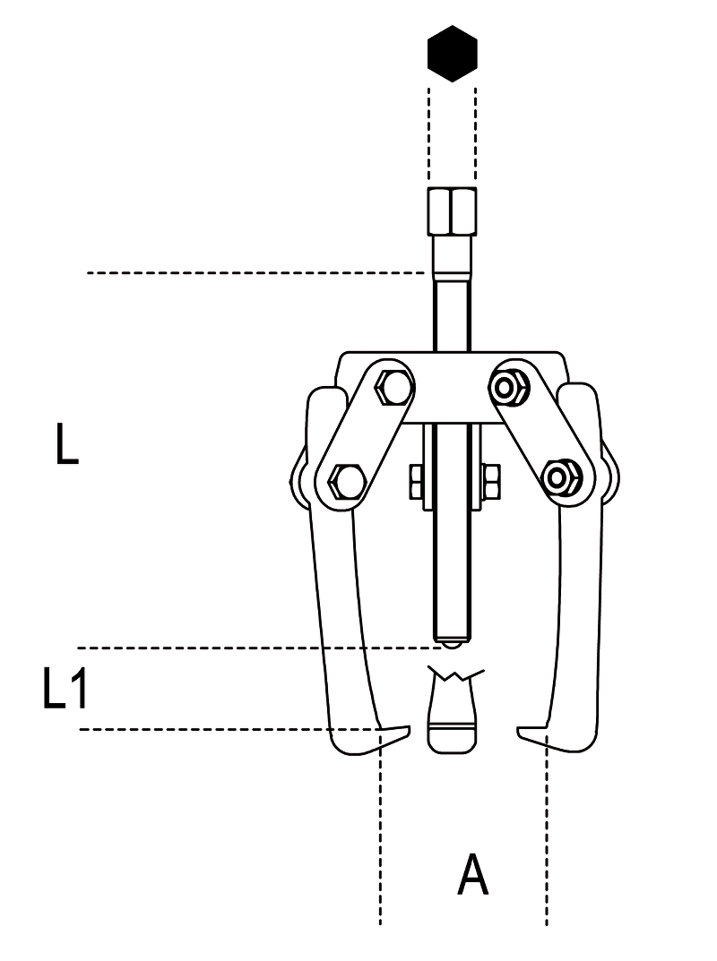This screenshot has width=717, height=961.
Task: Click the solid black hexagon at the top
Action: pyautogui.click(x=452, y=54)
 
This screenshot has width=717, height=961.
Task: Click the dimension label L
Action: pyautogui.click(x=67, y=442)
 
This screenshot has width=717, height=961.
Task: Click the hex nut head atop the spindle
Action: pyautogui.click(x=452, y=210)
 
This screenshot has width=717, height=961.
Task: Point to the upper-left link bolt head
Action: pyautogui.click(x=392, y=388)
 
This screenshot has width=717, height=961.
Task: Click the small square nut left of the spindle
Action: pyautogui.click(x=415, y=481)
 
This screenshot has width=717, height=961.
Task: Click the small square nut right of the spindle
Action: pyautogui.click(x=491, y=481)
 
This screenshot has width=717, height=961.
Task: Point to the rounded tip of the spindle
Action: pyautogui.click(x=452, y=644)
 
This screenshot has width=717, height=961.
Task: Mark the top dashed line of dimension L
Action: pyautogui.click(x=256, y=272)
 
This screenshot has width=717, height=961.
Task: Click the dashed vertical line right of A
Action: pyautogui.click(x=547, y=830)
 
